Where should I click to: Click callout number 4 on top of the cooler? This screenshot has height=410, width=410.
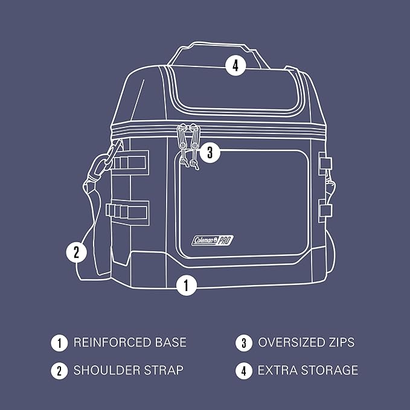click(236, 65)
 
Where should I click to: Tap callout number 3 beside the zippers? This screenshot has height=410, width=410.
click(210, 152)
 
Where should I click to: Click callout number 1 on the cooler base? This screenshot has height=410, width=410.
click(187, 284)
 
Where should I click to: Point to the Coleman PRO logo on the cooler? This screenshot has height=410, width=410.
click(214, 240)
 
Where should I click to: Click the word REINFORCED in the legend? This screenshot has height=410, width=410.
click(109, 343)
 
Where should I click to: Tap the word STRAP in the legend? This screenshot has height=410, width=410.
click(162, 370)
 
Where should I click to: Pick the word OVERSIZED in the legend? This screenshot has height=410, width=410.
click(292, 343)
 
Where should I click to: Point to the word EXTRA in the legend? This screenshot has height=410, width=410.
click(277, 370)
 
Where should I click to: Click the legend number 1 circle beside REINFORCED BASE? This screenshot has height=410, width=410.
click(59, 343)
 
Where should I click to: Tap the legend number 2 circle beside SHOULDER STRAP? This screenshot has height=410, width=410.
click(59, 370)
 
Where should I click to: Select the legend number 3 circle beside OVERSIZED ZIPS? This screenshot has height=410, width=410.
click(243, 343)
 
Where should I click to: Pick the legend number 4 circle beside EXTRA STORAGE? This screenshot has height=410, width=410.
click(243, 370)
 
